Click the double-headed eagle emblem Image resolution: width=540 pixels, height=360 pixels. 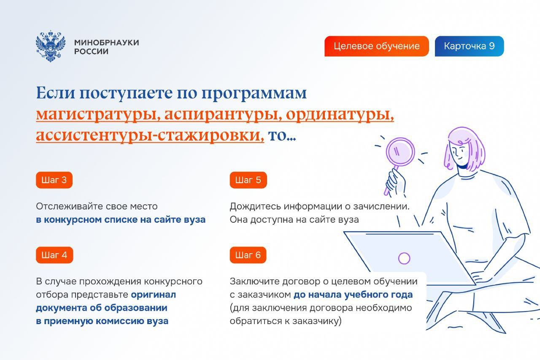pos(51,46)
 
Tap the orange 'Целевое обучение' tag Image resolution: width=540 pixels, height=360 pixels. pos(377,46)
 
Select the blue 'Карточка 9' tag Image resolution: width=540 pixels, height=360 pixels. pos(470,46)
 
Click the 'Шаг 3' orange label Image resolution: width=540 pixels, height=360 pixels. pos(54,180)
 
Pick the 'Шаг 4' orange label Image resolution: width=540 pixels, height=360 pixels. pos(54,255)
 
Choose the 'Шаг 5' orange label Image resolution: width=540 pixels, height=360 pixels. pos(248,180)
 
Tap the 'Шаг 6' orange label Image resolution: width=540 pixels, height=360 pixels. pos(248,255)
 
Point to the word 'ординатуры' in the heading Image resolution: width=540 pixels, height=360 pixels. pos(340,114)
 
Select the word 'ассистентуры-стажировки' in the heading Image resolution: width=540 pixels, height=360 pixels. pos(150,135)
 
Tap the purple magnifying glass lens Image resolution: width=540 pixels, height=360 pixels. pos(400,152)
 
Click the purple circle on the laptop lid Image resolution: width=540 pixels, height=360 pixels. pos(404,258)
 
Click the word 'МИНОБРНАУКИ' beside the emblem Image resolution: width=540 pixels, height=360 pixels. pos(107,43)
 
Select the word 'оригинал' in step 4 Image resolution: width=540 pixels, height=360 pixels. pos(153,295)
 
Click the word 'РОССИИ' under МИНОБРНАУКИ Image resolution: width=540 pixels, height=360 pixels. pos(92,51)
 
